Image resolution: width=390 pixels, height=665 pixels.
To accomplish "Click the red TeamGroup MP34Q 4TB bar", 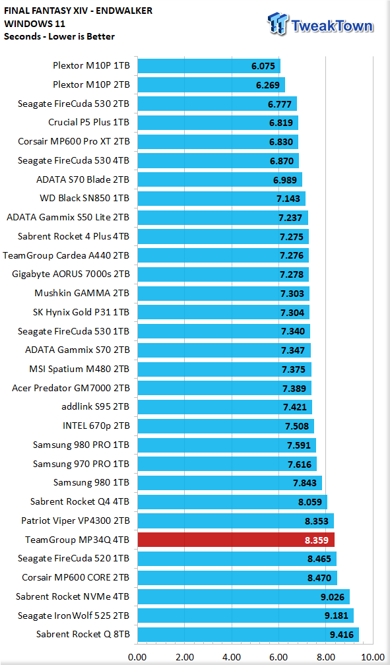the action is pyautogui.click(x=236, y=540).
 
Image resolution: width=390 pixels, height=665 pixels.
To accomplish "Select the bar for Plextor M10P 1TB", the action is pyautogui.click(x=209, y=66).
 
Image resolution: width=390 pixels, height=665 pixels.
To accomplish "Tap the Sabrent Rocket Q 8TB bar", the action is pyautogui.click(x=248, y=635).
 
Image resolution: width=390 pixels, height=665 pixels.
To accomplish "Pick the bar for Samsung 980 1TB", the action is pyautogui.click(x=230, y=483).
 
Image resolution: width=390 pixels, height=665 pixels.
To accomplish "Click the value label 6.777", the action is pyautogui.click(x=280, y=104).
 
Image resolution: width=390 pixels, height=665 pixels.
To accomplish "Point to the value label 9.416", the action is pyautogui.click(x=342, y=635).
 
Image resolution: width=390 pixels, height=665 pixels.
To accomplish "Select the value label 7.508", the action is pyautogui.click(x=297, y=426).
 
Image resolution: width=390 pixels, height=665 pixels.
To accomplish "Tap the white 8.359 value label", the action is pyautogui.click(x=316, y=540).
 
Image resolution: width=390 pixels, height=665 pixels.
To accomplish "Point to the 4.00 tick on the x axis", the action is pyautogui.click(x=232, y=657).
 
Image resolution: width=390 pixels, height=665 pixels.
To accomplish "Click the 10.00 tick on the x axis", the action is pyautogui.click(x=373, y=657).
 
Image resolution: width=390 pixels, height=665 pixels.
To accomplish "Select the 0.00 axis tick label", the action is pyautogui.click(x=137, y=657).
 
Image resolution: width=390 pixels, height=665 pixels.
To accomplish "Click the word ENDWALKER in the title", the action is pyautogui.click(x=124, y=11).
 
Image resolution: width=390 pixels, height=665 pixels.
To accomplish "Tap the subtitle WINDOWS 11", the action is pyautogui.click(x=34, y=23).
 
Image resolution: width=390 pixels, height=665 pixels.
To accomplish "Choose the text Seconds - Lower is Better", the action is pyautogui.click(x=59, y=36).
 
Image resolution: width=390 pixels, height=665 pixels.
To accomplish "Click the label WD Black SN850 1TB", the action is pyautogui.click(x=84, y=199).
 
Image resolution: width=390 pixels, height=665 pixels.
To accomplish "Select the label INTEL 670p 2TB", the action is pyautogui.click(x=96, y=426).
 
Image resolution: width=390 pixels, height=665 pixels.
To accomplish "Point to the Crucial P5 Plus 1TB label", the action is pyautogui.click(x=88, y=123).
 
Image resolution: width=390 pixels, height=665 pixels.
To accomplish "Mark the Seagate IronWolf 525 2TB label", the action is pyautogui.click(x=73, y=616).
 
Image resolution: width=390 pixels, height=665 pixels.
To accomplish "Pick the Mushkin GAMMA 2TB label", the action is pyautogui.click(x=82, y=294).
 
